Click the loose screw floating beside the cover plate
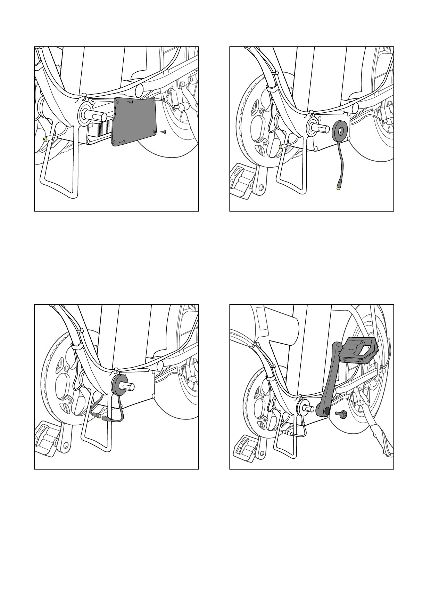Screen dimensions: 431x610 (x=164, y=132)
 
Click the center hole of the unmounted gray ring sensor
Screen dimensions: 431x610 (x=340, y=131)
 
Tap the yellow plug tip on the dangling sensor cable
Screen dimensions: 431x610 (x=338, y=188)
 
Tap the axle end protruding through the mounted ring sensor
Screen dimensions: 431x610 (x=128, y=386)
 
